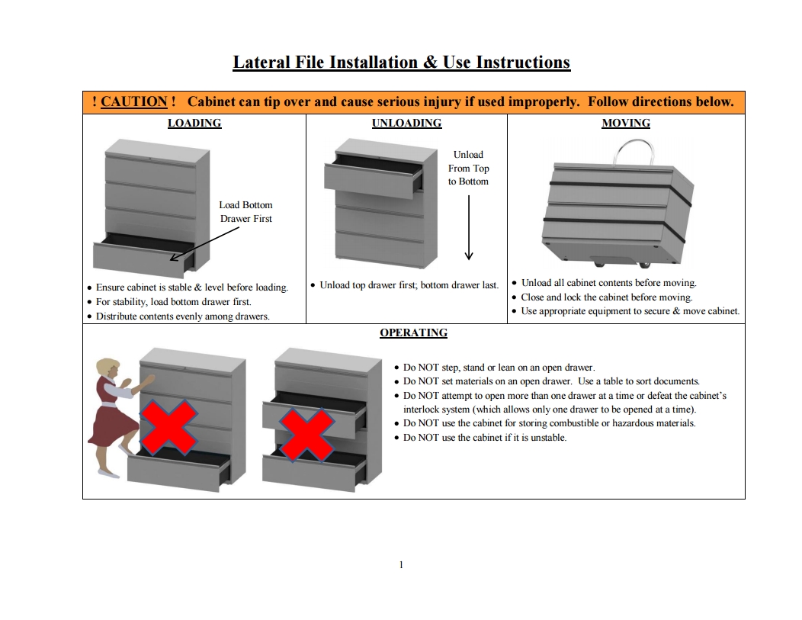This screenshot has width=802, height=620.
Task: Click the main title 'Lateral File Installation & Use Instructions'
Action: [401, 63]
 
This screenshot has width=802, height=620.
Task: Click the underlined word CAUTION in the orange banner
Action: [133, 102]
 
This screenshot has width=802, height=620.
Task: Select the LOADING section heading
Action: [194, 123]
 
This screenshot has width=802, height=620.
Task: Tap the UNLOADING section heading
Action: [406, 123]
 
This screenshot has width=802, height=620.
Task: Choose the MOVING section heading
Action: [626, 123]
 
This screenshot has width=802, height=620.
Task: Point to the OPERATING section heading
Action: [413, 332]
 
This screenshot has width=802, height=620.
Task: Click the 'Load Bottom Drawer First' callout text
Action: [245, 212]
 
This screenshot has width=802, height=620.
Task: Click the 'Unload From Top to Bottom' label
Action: [468, 168]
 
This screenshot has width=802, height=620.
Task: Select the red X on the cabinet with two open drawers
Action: [306, 433]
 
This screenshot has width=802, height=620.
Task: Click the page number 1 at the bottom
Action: [401, 565]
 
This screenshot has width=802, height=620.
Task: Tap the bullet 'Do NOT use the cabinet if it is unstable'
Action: [485, 438]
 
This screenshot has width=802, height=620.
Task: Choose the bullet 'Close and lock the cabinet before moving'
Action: [607, 297]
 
